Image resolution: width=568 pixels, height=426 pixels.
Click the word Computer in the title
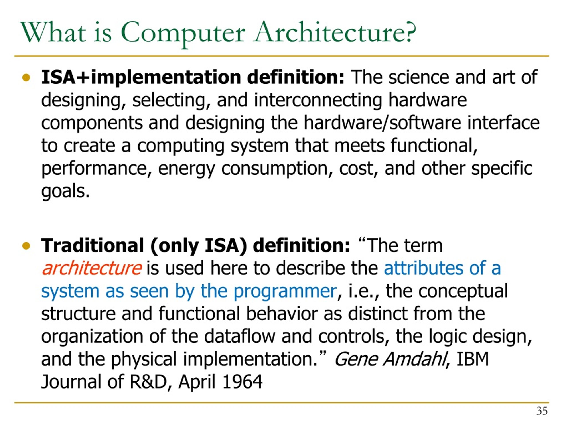183,33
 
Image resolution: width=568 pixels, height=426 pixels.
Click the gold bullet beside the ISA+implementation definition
26,77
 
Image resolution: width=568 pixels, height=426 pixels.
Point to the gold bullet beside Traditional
26,246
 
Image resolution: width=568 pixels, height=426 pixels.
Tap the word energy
186,168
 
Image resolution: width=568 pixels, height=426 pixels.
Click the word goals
65,191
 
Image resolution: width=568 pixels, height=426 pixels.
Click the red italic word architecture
92,268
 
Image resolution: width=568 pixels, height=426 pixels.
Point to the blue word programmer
285,291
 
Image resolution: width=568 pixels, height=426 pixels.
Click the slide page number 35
542,411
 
